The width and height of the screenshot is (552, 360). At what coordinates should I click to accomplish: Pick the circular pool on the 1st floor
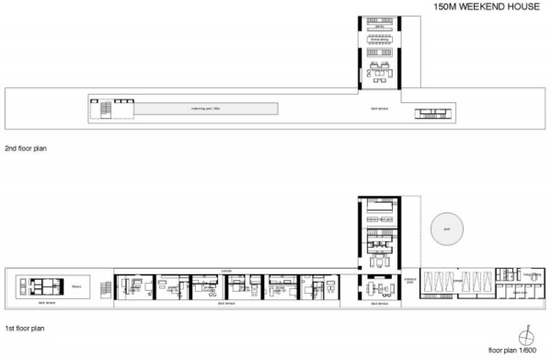(447, 230)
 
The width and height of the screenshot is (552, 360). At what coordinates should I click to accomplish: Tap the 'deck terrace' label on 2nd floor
(377, 109)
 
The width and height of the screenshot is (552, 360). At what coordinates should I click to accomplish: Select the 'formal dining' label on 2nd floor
(378, 41)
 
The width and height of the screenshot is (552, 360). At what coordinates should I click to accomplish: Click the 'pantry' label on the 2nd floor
(378, 28)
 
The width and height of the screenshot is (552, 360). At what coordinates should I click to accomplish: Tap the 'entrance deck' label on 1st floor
(410, 281)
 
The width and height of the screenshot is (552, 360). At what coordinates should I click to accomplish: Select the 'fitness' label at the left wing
(77, 285)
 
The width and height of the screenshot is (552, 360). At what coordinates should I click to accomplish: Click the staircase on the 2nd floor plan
(104, 109)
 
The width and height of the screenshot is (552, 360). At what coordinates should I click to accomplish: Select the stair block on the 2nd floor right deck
(433, 112)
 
